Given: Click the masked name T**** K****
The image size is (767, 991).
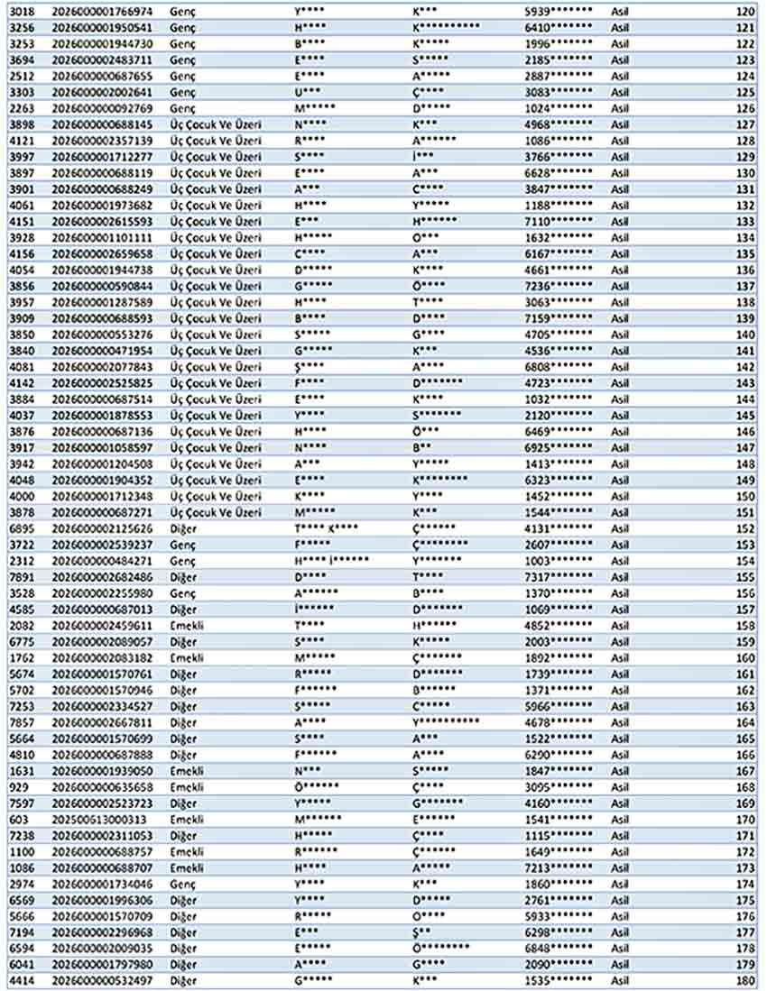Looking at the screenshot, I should coord(326,527).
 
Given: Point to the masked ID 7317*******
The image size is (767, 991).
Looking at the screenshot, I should coord(559,576).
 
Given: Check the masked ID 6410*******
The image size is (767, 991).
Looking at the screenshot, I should coord(559,28).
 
